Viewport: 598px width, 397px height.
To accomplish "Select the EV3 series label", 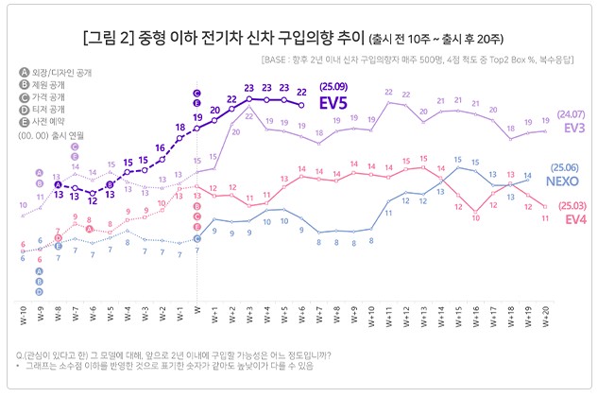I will (572, 129).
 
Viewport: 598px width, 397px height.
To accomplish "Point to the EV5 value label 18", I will (179, 127).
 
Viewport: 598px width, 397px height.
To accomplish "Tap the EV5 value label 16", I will (162, 147).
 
